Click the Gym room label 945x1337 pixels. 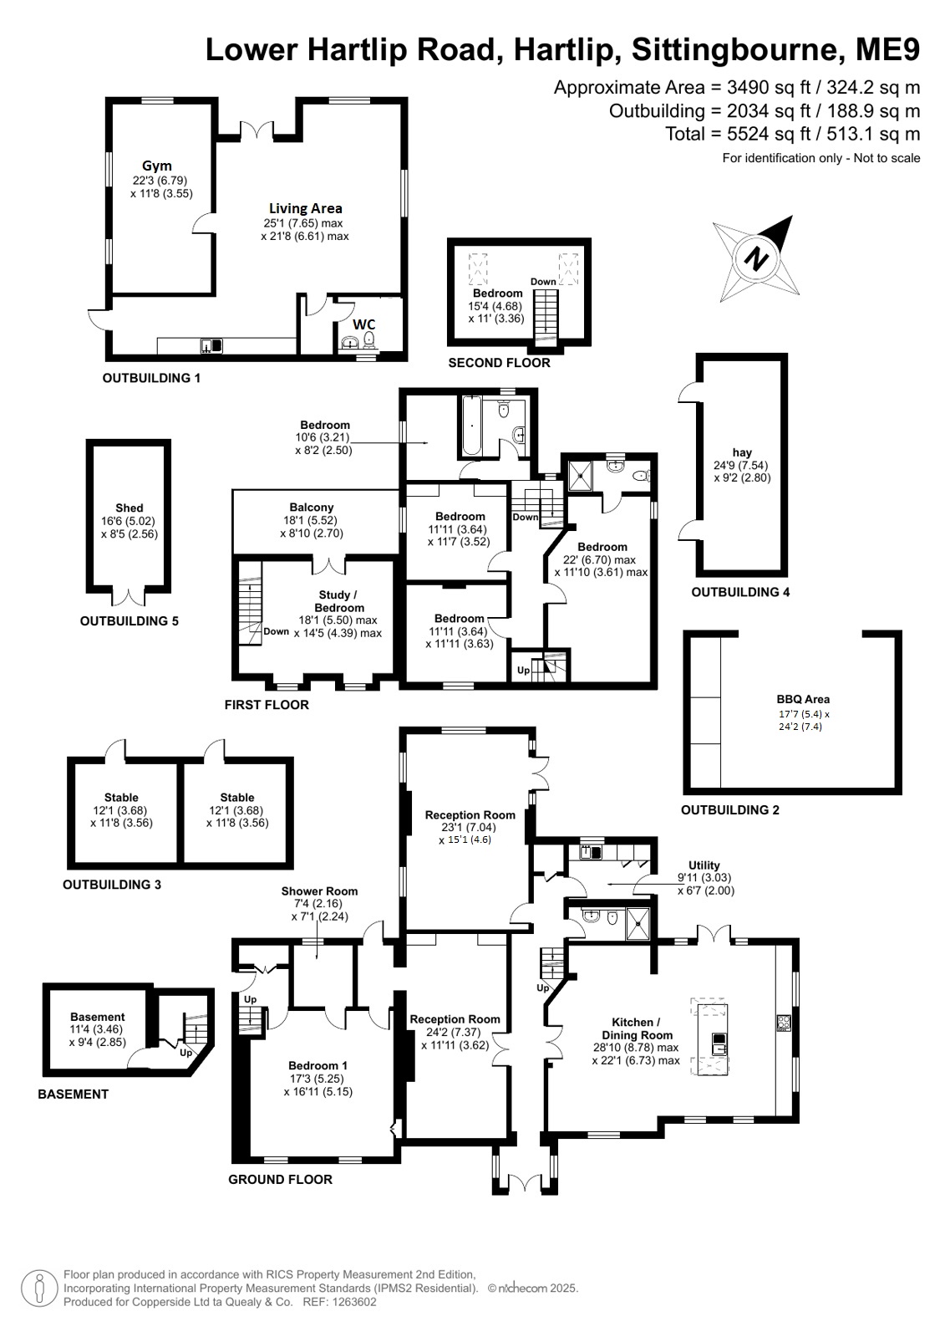click(x=157, y=166)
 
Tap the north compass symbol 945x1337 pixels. click(x=756, y=259)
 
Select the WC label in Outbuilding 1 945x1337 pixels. click(x=364, y=324)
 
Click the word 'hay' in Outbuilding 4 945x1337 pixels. click(x=742, y=452)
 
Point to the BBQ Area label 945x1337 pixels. click(x=803, y=699)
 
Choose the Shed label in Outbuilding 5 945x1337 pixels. click(x=130, y=508)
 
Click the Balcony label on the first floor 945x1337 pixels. click(x=312, y=508)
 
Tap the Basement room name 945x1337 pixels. click(x=97, y=1017)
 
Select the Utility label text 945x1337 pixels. click(x=704, y=865)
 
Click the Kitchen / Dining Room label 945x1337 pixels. click(x=637, y=1028)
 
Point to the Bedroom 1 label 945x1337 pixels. click(x=318, y=1065)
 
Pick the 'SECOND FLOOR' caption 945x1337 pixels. click(x=500, y=363)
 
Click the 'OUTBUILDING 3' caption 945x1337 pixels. click(x=112, y=885)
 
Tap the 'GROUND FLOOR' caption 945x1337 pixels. click(x=281, y=1180)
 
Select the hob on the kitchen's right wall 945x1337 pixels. click(x=784, y=1023)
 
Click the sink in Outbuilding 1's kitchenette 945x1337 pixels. click(x=211, y=345)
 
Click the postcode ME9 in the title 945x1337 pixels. click(x=887, y=49)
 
